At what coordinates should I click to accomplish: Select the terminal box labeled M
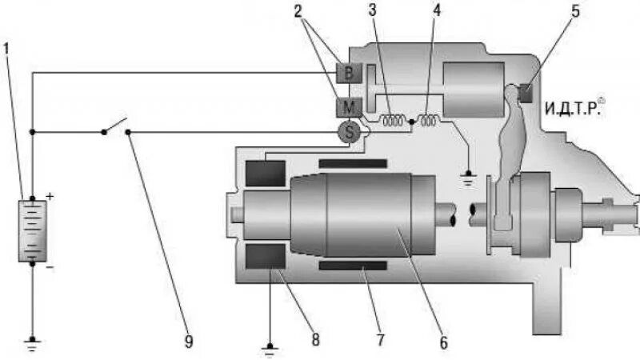click(x=350, y=106)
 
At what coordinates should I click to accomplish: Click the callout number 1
click(x=6, y=48)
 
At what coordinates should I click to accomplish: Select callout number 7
click(x=381, y=341)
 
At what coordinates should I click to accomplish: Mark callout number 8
click(x=315, y=341)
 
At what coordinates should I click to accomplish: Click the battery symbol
click(x=32, y=230)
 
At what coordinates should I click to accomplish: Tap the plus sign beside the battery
click(x=49, y=195)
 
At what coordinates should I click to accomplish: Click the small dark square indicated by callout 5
click(x=526, y=93)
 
